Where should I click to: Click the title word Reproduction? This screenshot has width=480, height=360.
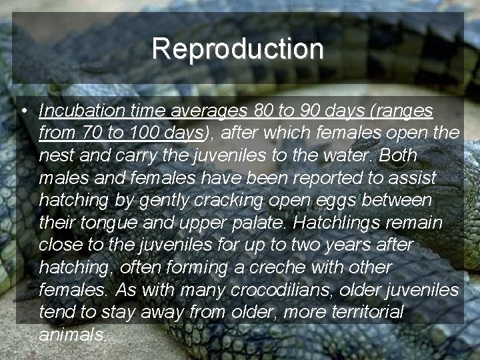(x=237, y=49)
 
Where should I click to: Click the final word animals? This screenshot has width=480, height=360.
(x=73, y=334)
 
